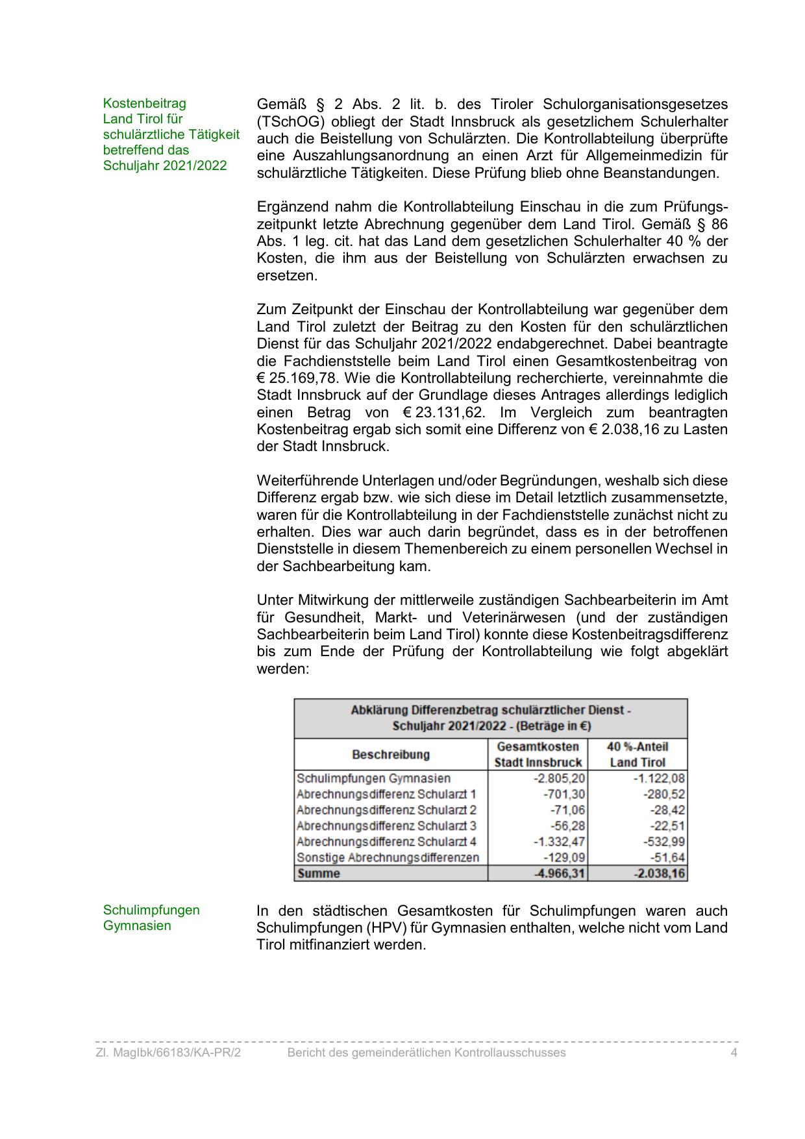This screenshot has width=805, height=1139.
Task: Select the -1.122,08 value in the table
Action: pyautogui.click(x=659, y=778)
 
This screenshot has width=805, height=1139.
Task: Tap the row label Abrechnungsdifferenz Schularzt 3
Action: pyautogui.click(x=386, y=826)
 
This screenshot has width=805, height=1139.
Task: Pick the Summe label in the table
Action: pyautogui.click(x=319, y=874)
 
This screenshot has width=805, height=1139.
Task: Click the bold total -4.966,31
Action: pyautogui.click(x=559, y=874)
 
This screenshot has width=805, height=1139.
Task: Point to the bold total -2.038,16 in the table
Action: pyautogui.click(x=659, y=874)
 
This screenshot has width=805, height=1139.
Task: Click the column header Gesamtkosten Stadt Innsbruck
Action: pyautogui.click(x=538, y=754)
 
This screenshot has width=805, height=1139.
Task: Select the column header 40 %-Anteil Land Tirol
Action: pyautogui.click(x=638, y=754)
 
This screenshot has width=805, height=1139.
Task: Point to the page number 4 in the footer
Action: pyautogui.click(x=734, y=1053)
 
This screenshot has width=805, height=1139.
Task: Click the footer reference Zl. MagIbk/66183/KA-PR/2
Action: pyautogui.click(x=168, y=1053)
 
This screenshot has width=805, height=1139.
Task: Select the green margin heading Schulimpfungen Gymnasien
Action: pyautogui.click(x=151, y=918)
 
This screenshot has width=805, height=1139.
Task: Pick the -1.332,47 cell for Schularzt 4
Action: pyautogui.click(x=559, y=842)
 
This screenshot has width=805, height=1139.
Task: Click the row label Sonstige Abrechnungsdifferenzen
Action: pyautogui.click(x=388, y=857)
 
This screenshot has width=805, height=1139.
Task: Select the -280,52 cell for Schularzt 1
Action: pyautogui.click(x=663, y=794)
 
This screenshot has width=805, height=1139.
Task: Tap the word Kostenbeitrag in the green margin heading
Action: pyautogui.click(x=144, y=103)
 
